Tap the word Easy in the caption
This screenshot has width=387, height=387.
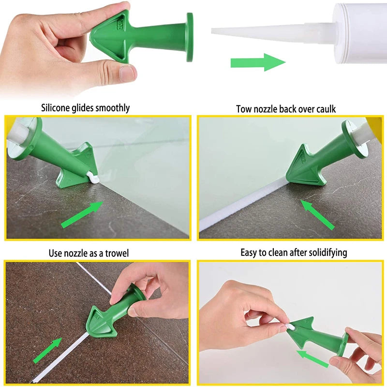250,253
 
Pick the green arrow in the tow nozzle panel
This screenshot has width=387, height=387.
317,214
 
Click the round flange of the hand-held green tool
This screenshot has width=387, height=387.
189,37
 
